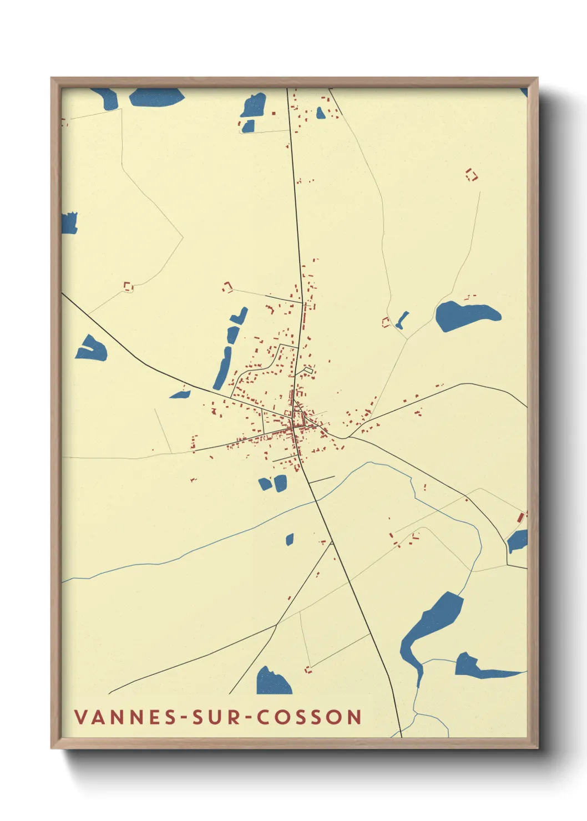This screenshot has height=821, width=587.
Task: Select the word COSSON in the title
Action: tap(310, 717)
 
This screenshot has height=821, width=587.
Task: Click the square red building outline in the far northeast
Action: tap(471, 175)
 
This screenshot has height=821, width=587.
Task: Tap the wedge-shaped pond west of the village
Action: tap(92, 349)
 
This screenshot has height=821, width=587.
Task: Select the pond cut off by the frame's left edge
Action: tap(69, 223)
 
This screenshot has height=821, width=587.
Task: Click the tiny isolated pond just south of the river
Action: tap(290, 539)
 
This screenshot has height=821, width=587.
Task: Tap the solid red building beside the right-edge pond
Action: tap(520, 518)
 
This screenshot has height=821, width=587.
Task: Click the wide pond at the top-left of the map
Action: tap(156, 97)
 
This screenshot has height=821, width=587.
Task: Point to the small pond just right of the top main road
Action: tap(321, 113)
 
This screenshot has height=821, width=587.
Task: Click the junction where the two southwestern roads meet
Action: tap(276, 625)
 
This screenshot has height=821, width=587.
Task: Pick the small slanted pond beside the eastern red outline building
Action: tap(402, 320)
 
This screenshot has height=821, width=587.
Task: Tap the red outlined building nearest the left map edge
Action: tap(128, 286)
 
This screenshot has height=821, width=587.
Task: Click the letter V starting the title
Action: tap(80, 717)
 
